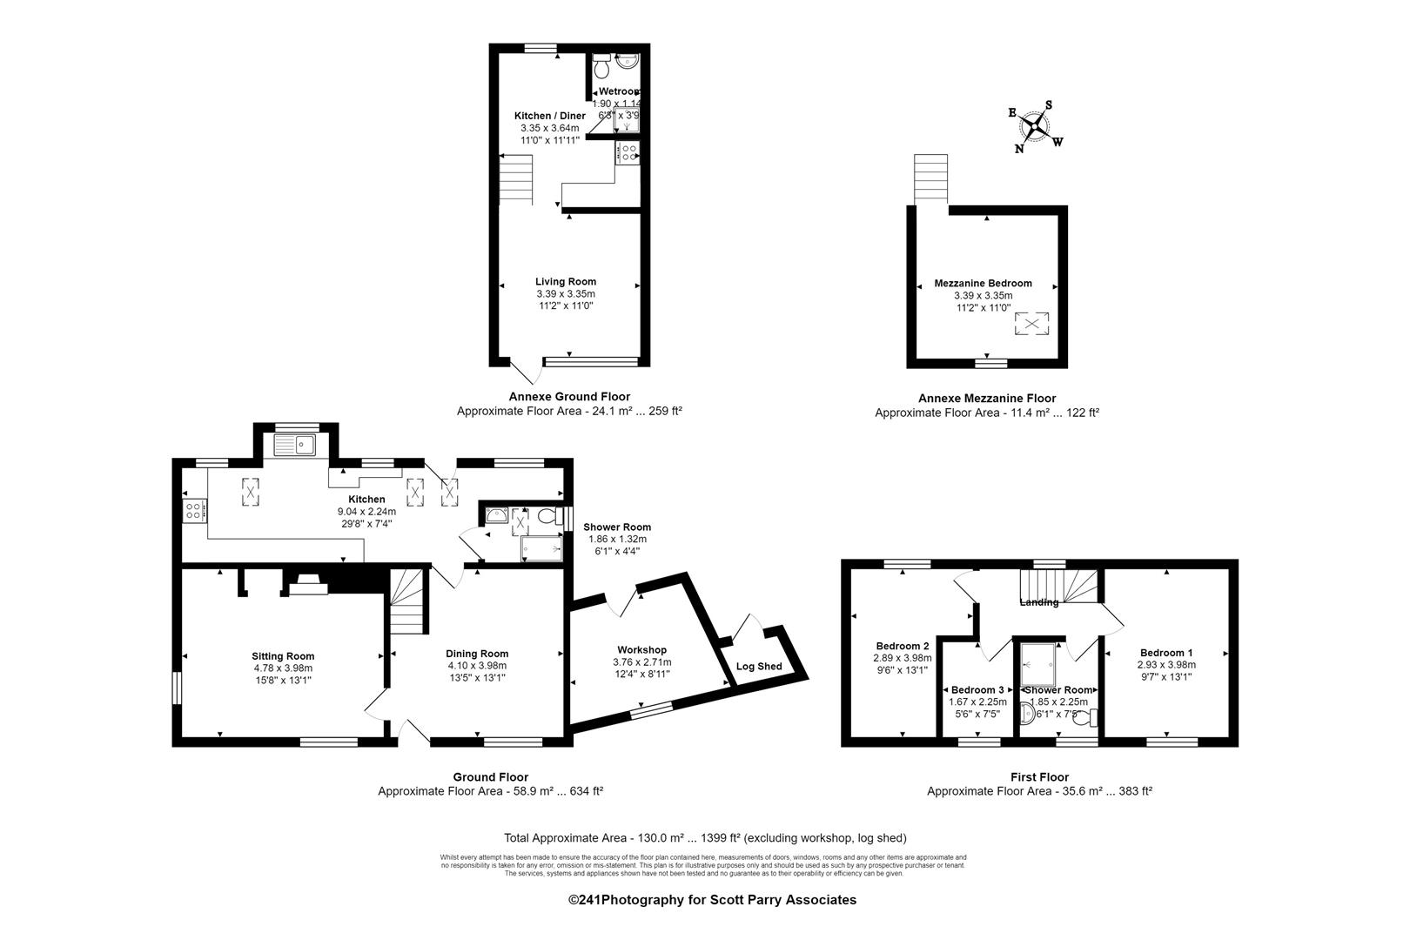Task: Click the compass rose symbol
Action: pos(1034,127)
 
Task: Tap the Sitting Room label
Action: pos(283,656)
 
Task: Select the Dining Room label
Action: pos(477,654)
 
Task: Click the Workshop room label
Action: pos(641,649)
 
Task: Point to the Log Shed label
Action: pos(759,667)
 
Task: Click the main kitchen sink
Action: pos(294,446)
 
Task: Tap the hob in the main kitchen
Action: pos(194,510)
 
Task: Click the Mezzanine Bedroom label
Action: pos(983,283)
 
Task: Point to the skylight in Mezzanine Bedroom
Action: pos(1031,324)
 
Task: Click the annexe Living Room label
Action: pos(566,281)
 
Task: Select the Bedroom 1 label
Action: pos(1166,653)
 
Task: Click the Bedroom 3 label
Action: pos(977,689)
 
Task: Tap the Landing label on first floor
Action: pos(1039,602)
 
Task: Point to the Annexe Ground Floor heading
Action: pos(569,396)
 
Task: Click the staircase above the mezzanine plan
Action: pos(930,179)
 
